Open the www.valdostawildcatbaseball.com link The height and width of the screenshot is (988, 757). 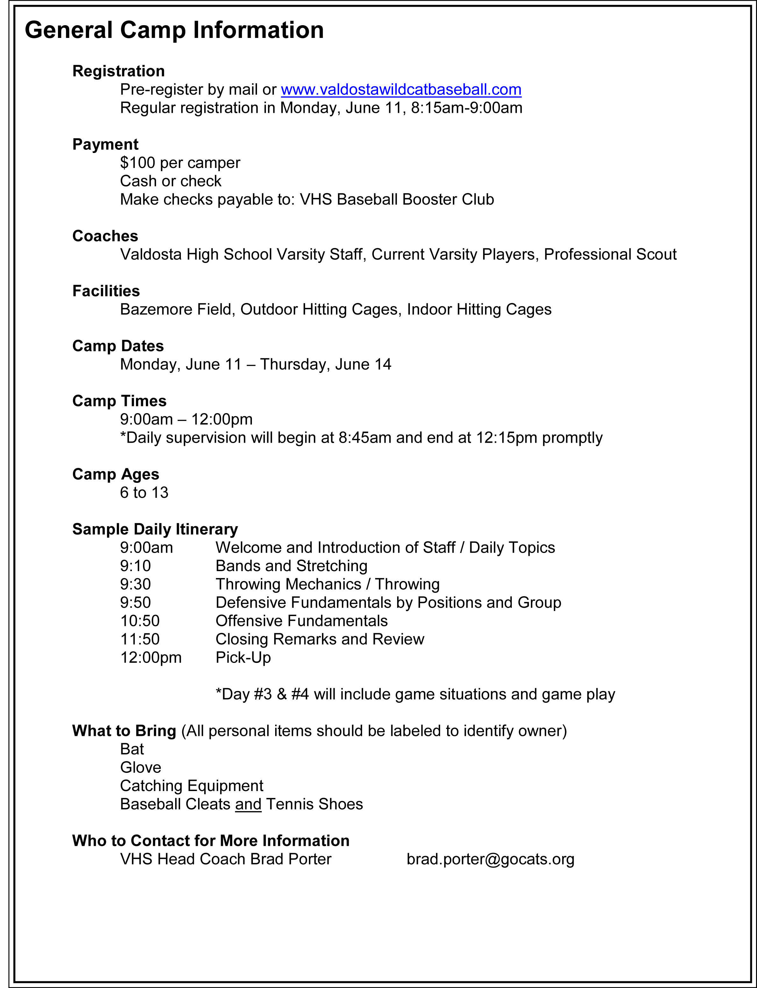tap(401, 90)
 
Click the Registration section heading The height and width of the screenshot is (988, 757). tap(118, 71)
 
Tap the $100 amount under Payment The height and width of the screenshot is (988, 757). tap(138, 163)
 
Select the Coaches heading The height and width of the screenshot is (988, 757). tap(105, 236)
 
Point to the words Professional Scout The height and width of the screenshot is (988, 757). tap(610, 255)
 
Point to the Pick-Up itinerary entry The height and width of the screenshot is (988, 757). tap(243, 658)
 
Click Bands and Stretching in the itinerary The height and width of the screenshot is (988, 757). tap(291, 566)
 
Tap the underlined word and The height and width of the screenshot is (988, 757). tap(248, 804)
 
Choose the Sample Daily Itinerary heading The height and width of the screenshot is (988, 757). tap(155, 529)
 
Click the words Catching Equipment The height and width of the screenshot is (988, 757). tap(191, 786)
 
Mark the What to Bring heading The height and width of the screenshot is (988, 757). tap(124, 731)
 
